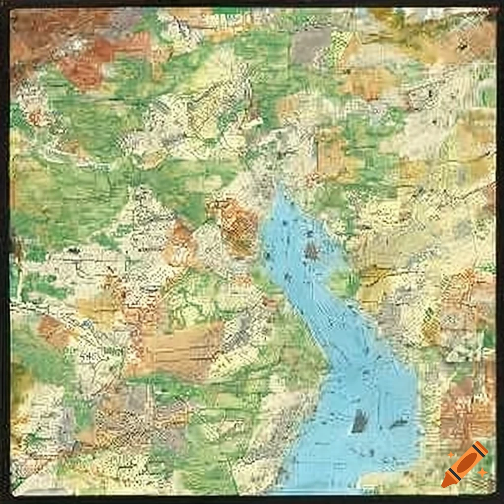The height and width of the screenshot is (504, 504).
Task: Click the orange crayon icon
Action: (465, 464)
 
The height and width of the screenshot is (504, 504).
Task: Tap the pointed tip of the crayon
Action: (446, 483)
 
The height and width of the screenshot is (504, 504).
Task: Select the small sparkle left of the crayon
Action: (450, 456)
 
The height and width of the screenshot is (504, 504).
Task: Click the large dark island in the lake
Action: (360, 421)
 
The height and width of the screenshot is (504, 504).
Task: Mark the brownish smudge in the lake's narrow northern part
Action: (311, 252)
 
